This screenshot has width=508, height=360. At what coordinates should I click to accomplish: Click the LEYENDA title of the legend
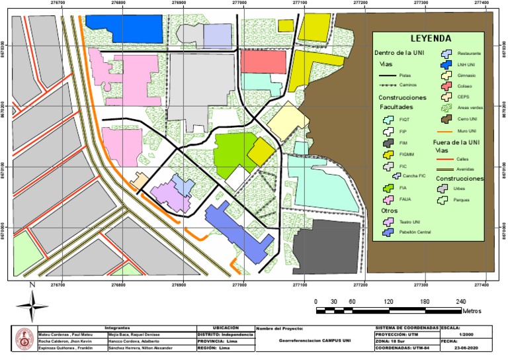pyautogui.click(x=430, y=38)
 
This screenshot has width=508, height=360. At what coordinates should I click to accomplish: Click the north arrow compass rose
pyautogui.click(x=32, y=306)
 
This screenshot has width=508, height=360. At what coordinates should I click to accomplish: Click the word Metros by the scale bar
pyautogui.click(x=471, y=310)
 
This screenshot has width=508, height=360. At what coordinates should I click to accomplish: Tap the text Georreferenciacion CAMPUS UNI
pyautogui.click(x=314, y=341)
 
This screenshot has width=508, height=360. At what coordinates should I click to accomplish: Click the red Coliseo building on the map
pyautogui.click(x=262, y=62)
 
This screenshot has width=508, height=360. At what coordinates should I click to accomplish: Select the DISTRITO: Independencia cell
pyautogui.click(x=225, y=334)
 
